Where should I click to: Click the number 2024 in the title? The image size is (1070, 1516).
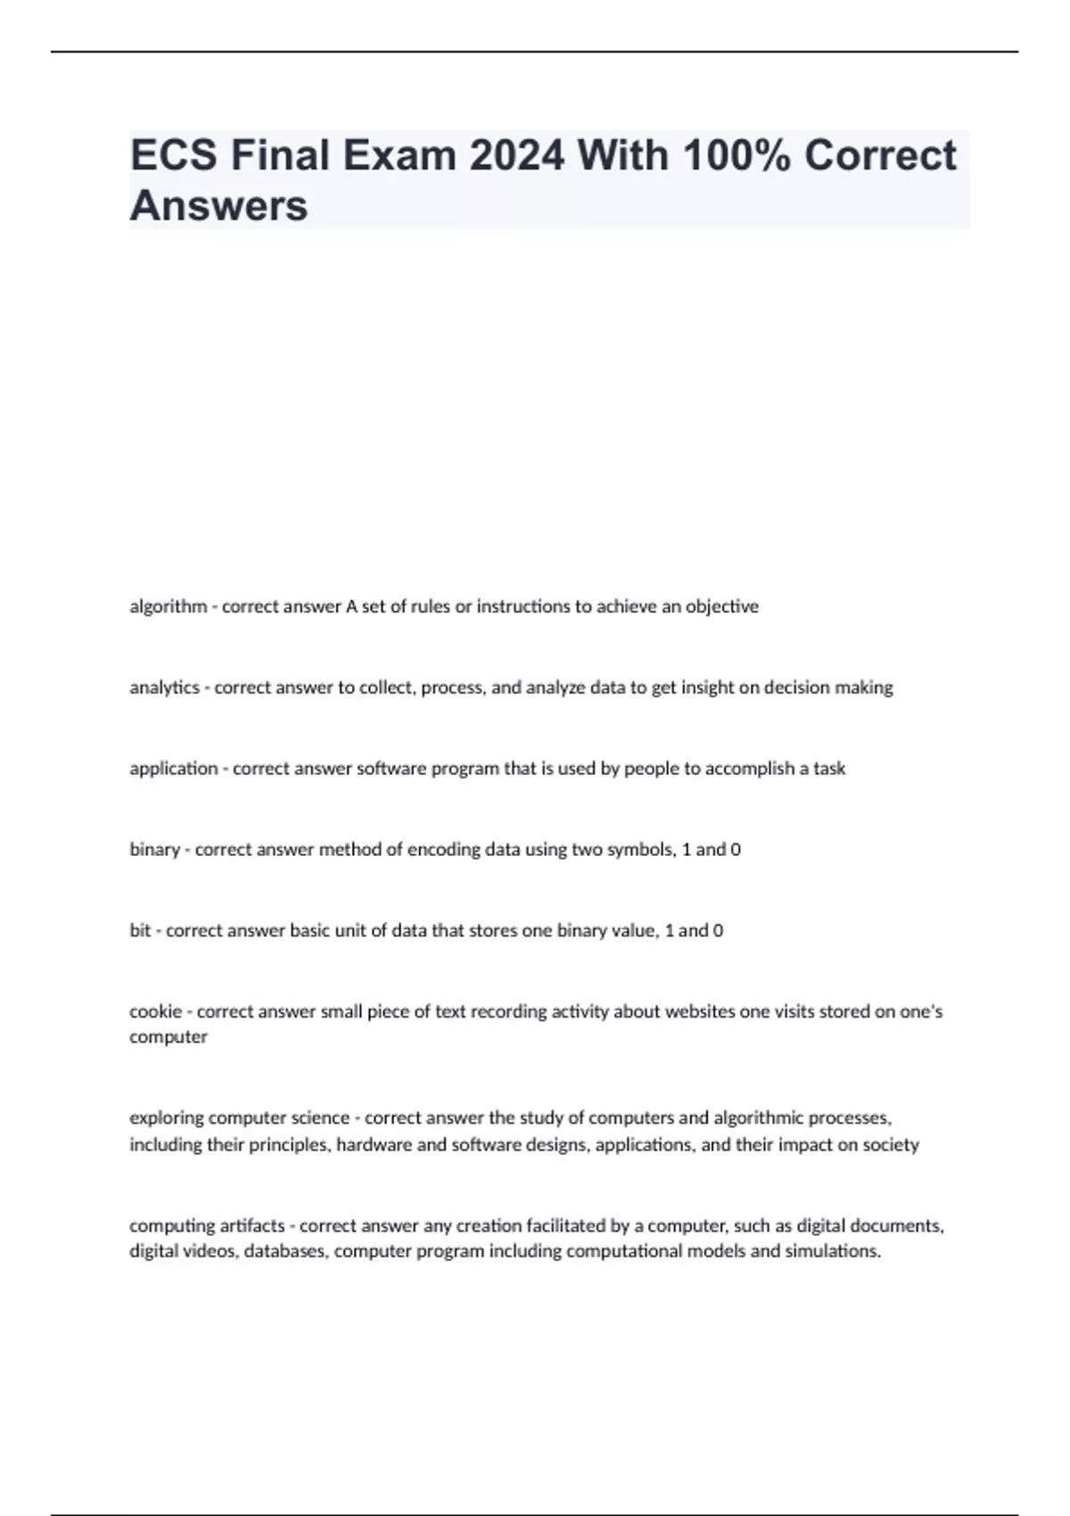(x=516, y=155)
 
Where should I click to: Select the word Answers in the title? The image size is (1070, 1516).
(x=218, y=206)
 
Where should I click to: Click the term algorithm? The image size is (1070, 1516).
(x=168, y=606)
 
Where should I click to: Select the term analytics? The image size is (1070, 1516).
(x=164, y=688)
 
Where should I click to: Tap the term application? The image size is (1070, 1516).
(x=173, y=768)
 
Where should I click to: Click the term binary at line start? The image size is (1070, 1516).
(x=154, y=849)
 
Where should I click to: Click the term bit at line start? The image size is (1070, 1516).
(x=140, y=930)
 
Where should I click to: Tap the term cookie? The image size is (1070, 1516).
(x=155, y=1011)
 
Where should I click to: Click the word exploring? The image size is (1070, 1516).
(x=166, y=1117)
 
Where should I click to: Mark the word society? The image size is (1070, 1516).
(x=890, y=1144)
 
